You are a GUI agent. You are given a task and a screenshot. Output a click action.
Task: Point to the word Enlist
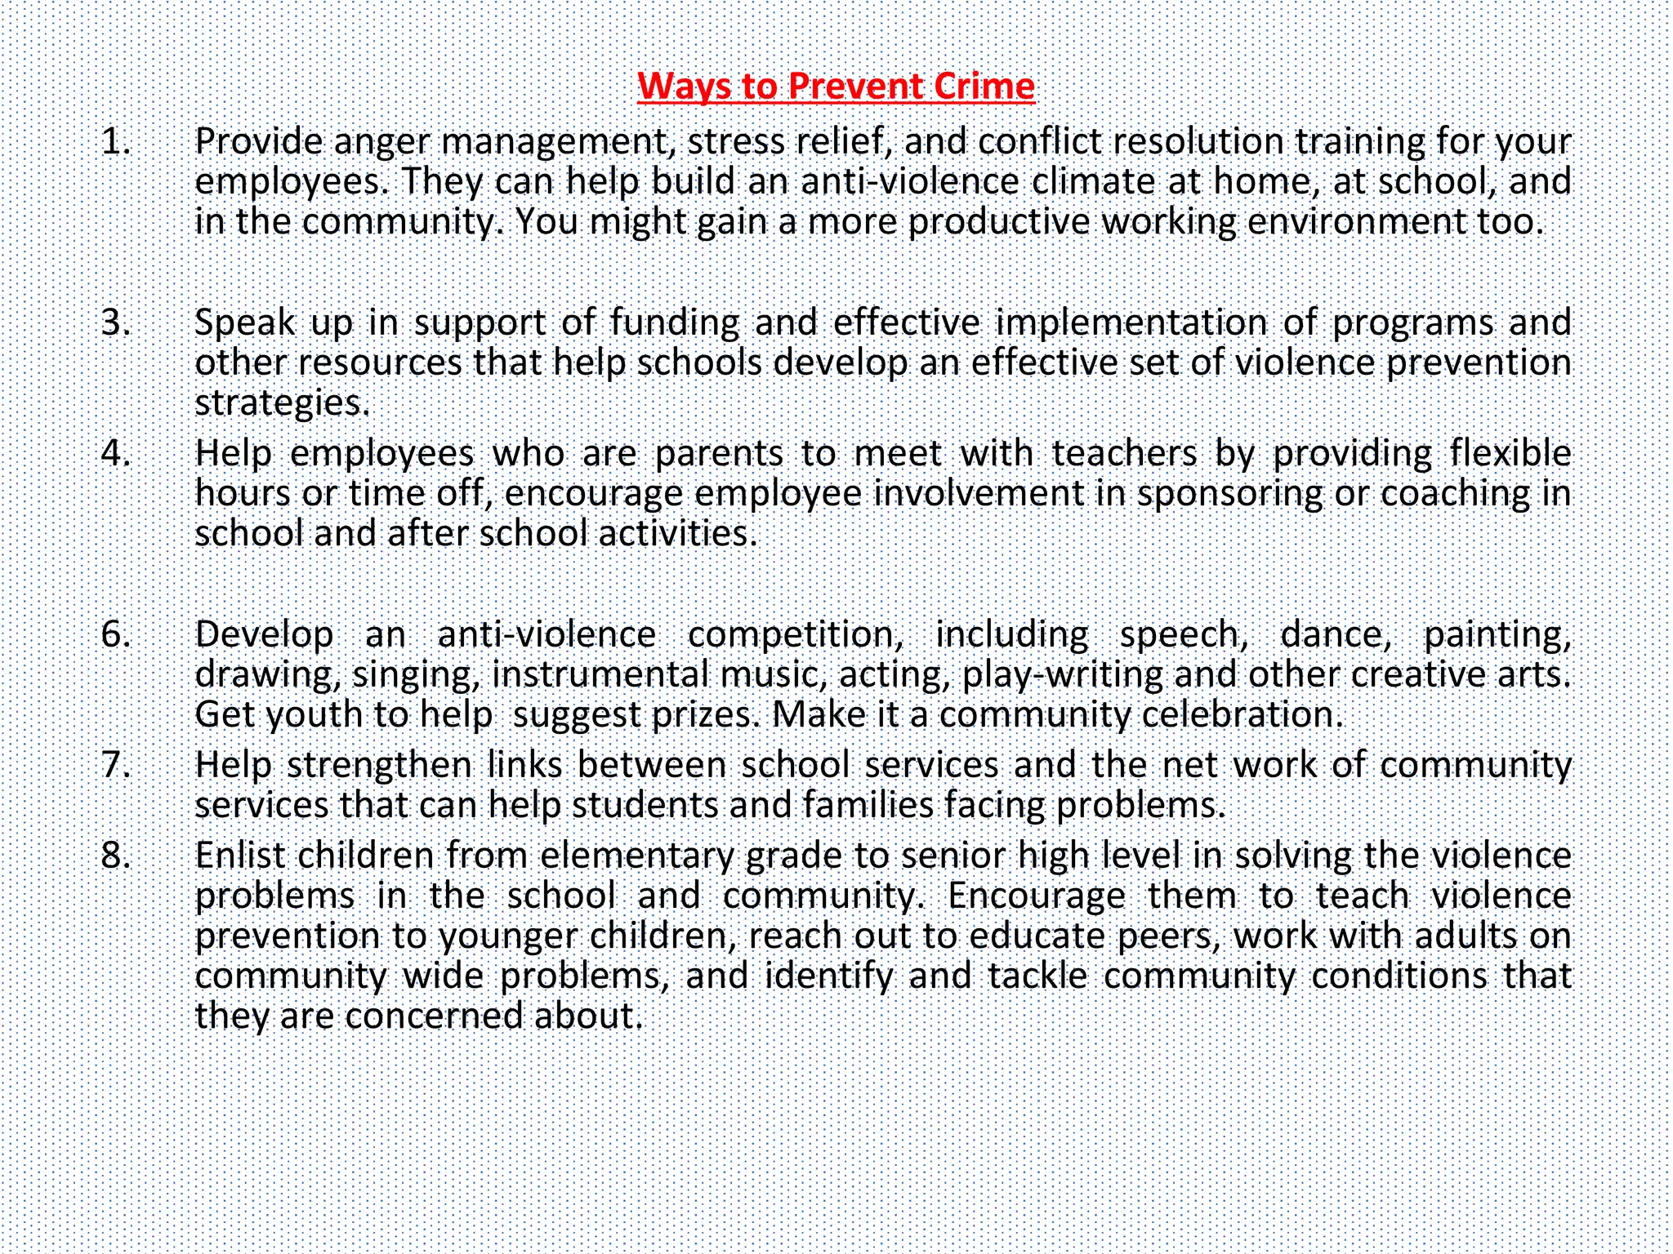pyautogui.click(x=240, y=856)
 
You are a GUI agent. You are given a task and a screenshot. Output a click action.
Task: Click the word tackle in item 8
pyautogui.click(x=1037, y=976)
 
